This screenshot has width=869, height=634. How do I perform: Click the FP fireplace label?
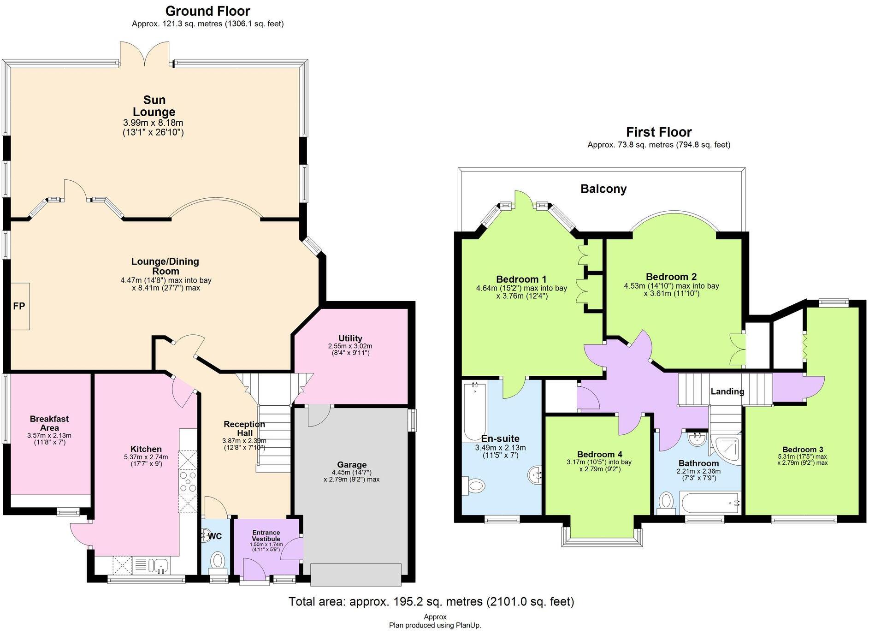tap(19, 306)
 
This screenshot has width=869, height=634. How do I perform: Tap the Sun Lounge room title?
tap(154, 106)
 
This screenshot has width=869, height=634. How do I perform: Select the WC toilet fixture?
tap(218, 562)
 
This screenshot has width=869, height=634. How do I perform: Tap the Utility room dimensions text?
tap(350, 350)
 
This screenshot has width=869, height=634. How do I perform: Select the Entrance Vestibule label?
tap(266, 535)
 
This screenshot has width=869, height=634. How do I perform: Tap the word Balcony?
tap(603, 189)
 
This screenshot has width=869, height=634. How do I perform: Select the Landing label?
tap(727, 391)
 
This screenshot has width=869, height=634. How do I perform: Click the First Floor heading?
tap(658, 132)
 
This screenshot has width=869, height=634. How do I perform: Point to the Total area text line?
tap(431, 602)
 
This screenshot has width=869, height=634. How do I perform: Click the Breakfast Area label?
tap(49, 423)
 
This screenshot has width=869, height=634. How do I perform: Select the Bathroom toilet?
tap(666, 502)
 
